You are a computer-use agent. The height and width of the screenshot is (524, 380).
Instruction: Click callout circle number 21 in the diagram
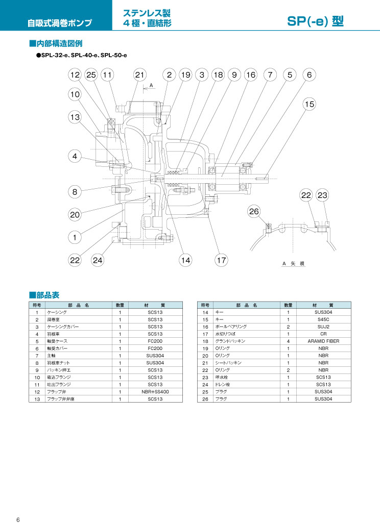click(139, 75)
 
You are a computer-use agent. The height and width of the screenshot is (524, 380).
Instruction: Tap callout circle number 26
click(254, 211)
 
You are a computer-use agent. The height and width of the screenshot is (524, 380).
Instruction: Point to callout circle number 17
click(221, 260)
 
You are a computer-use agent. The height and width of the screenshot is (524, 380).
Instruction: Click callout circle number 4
click(75, 156)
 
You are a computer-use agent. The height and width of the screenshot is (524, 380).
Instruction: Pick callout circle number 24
click(98, 260)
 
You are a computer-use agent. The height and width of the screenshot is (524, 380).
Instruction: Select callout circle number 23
click(322, 195)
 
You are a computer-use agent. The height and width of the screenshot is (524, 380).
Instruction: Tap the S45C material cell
click(323, 319)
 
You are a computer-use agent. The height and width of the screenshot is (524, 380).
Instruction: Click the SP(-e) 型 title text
click(315, 21)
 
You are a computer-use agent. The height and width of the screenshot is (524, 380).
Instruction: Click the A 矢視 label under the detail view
click(293, 263)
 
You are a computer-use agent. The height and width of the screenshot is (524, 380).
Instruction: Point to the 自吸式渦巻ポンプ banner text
click(60, 23)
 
